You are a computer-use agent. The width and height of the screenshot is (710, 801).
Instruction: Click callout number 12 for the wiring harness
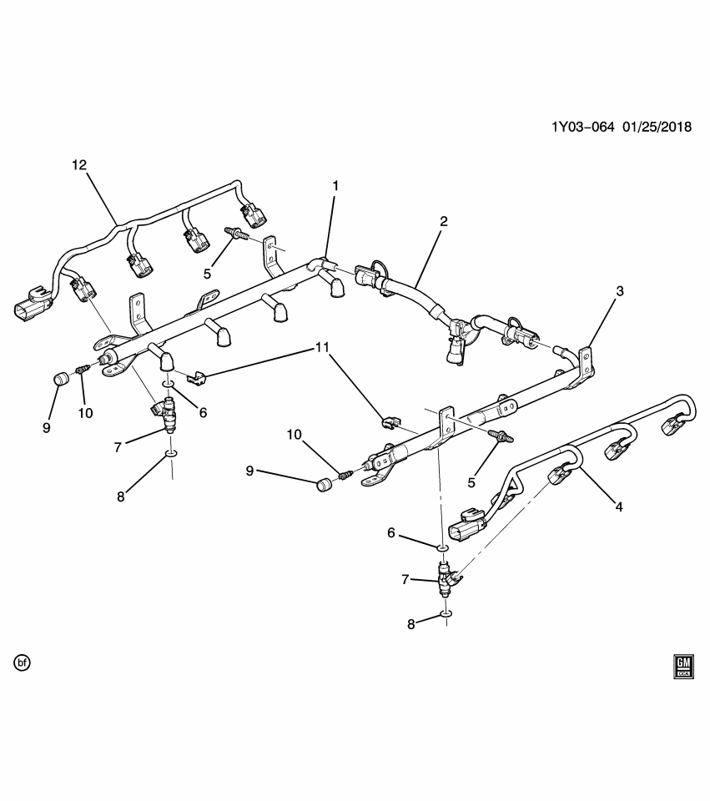tap(79, 165)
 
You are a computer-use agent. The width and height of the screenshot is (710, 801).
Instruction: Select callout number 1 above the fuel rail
tap(335, 185)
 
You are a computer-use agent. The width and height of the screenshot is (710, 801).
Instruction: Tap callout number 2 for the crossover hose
tap(444, 221)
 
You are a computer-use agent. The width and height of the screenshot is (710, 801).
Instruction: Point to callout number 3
tap(620, 291)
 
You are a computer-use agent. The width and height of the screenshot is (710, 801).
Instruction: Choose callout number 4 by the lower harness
tap(619, 505)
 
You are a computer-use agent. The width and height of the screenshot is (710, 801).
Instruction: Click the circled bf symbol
tap(23, 663)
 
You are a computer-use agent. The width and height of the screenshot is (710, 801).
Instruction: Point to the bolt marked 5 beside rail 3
tap(503, 435)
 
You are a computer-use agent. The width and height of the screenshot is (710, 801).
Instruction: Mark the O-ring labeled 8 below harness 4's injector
tap(447, 614)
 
